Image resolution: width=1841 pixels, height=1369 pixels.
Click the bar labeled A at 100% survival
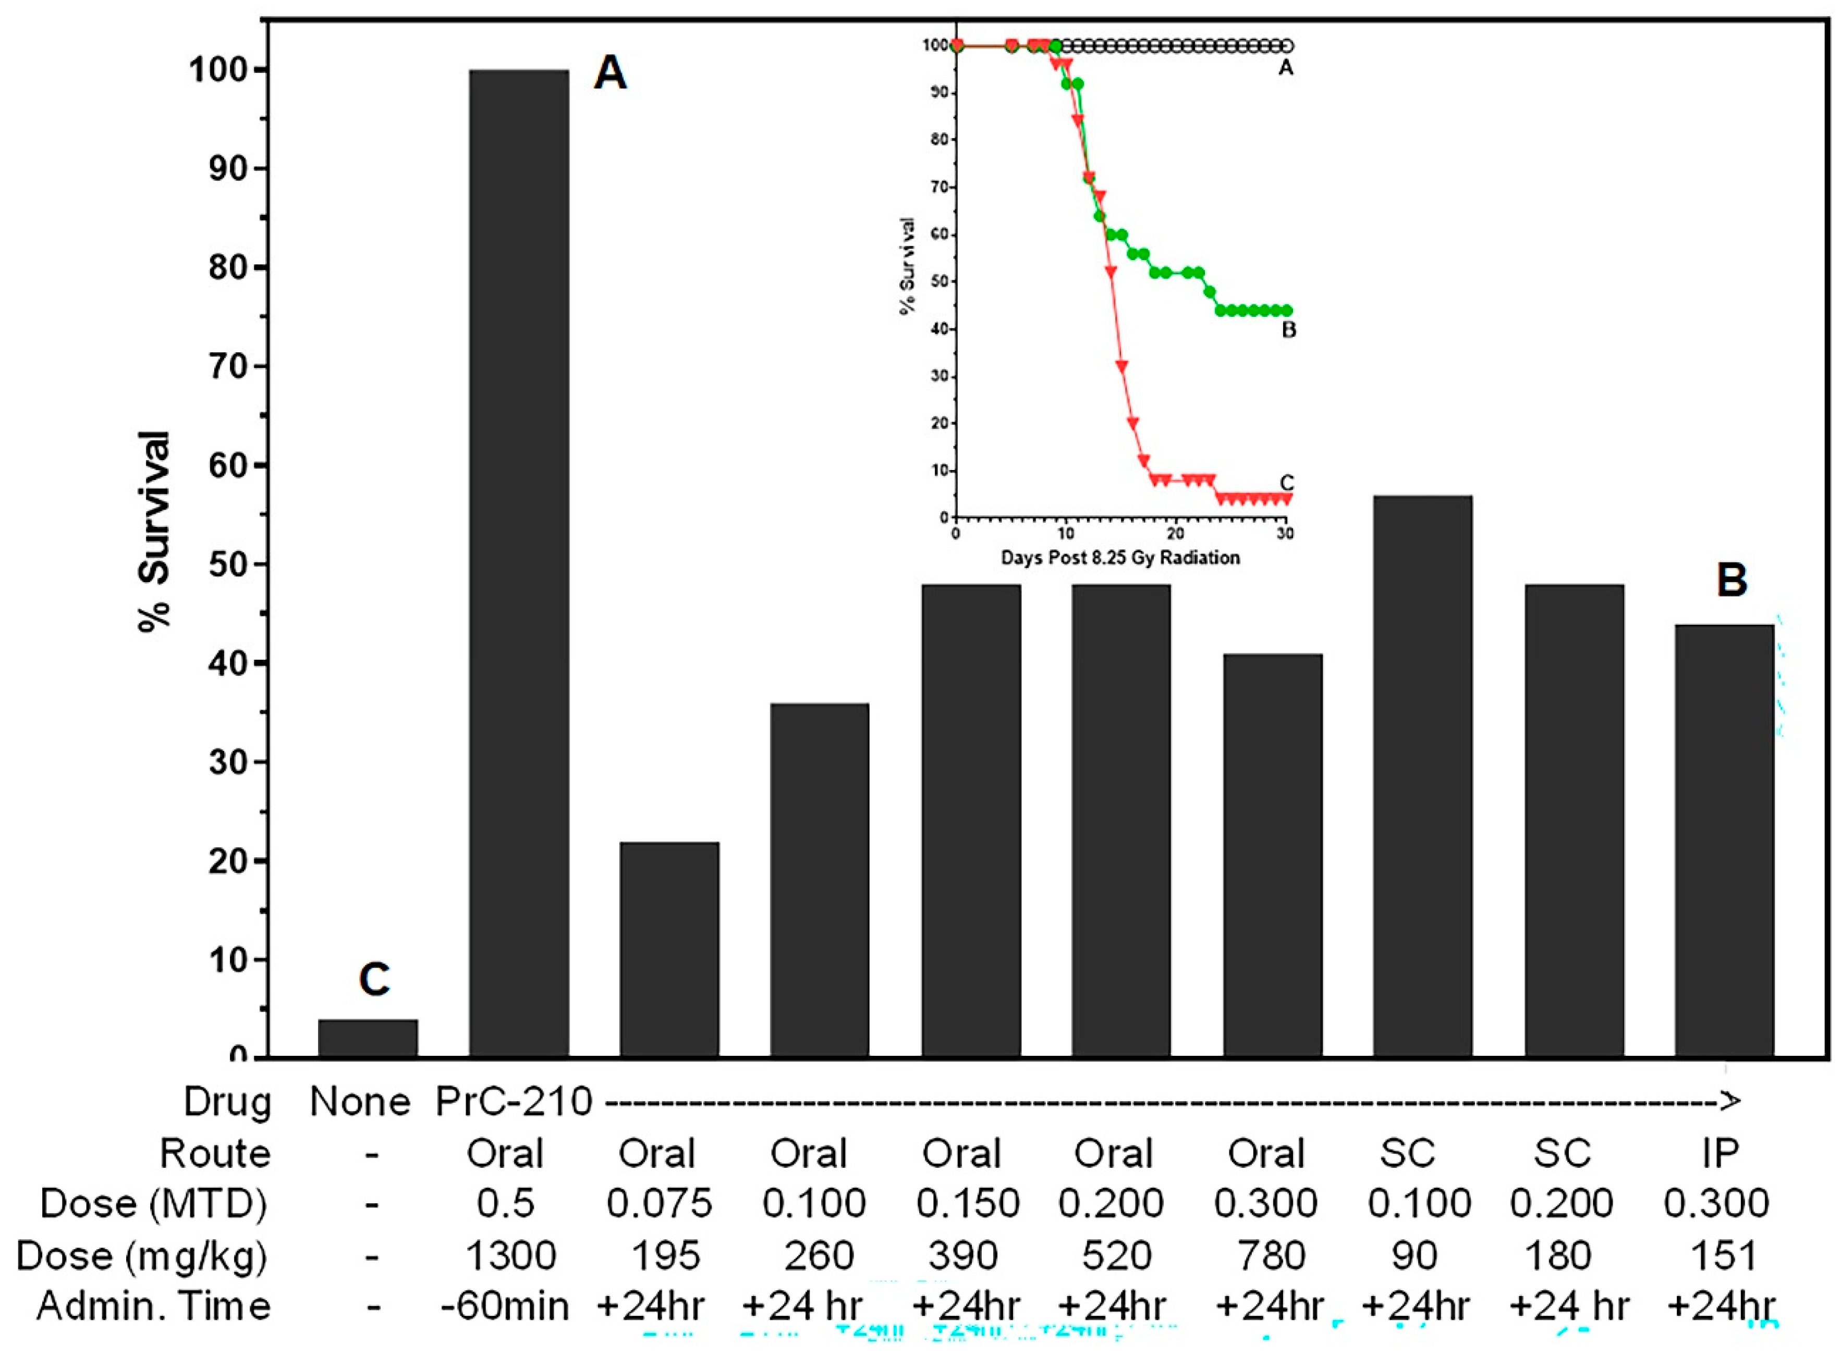519,563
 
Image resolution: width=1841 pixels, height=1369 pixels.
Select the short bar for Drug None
368,1039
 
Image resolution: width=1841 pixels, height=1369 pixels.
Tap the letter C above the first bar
374,980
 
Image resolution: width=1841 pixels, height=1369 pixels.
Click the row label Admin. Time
153,1308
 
